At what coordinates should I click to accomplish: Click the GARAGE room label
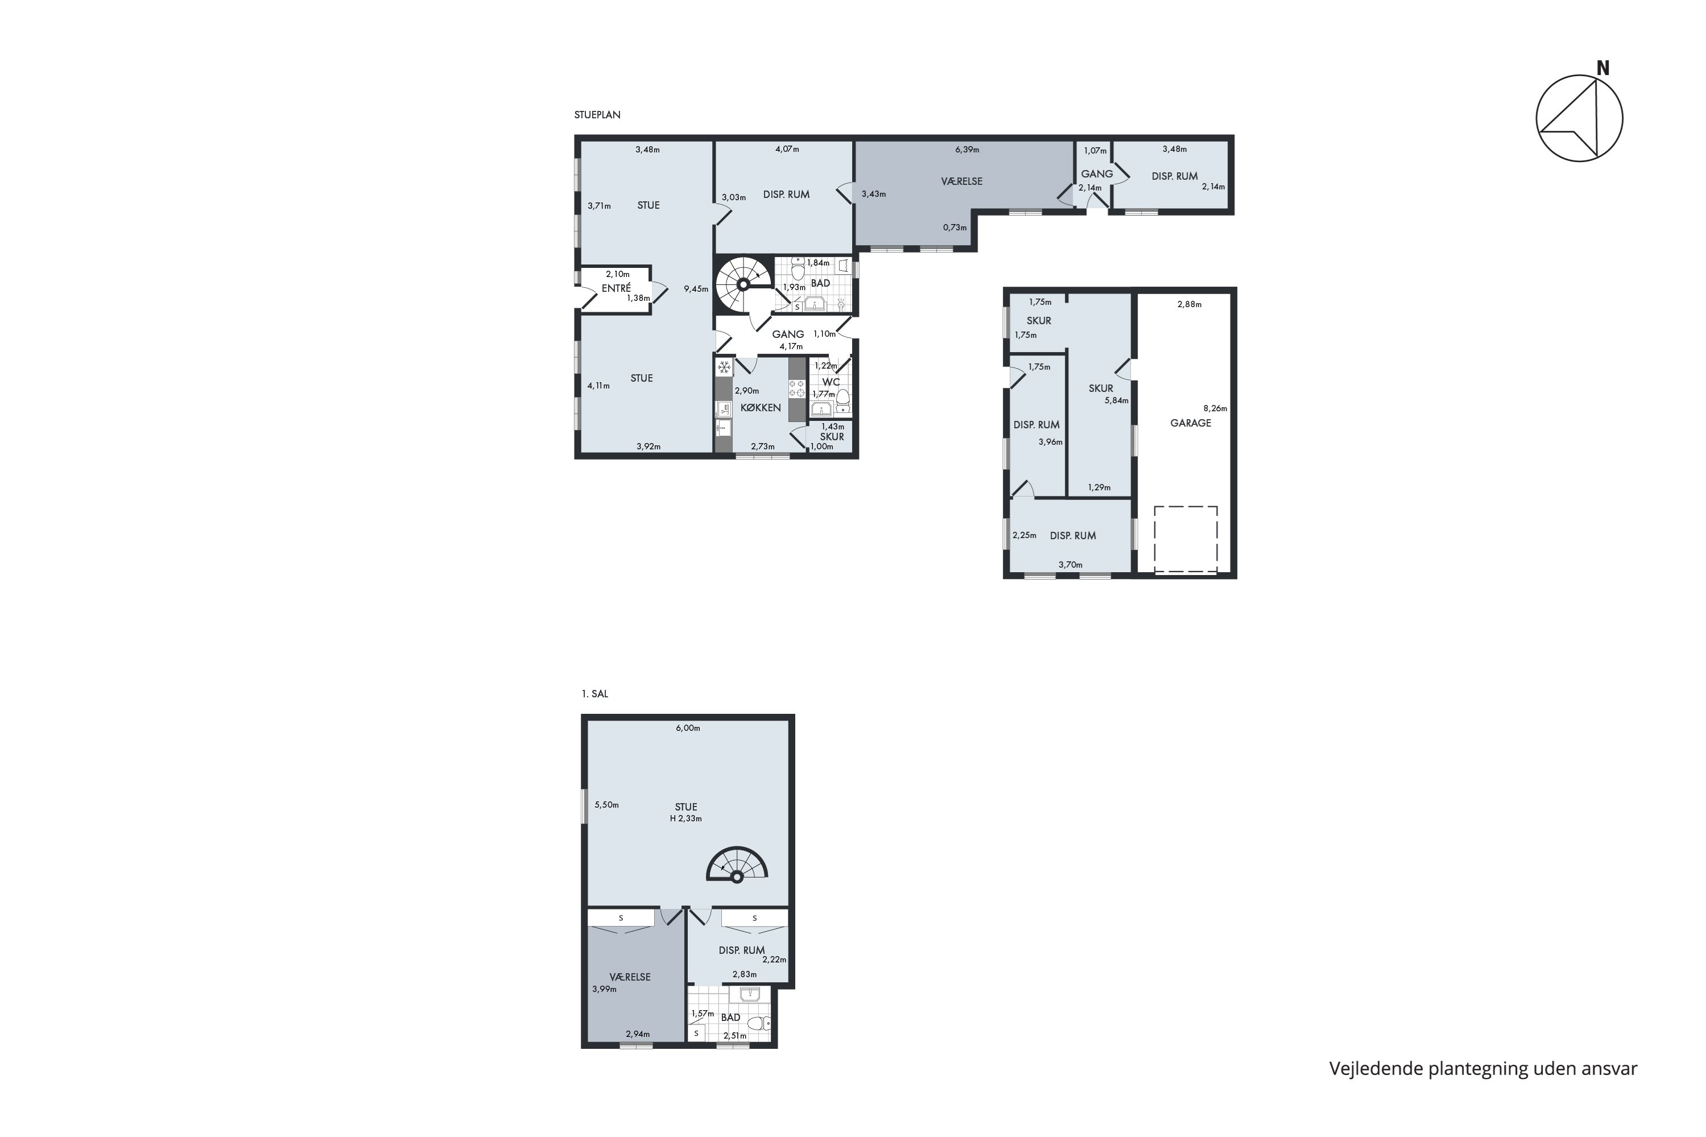click(1190, 423)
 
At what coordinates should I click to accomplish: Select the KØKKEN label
click(760, 407)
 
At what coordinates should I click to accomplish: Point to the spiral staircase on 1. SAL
click(737, 865)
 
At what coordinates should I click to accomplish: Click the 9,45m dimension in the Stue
click(695, 288)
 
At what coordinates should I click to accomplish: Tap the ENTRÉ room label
click(616, 288)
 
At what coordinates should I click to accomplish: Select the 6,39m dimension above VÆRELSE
click(966, 150)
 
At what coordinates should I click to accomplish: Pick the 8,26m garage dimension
click(1215, 408)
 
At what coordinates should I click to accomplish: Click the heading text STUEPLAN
click(597, 114)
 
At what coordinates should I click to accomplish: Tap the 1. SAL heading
click(594, 693)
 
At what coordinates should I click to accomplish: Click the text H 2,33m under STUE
click(685, 818)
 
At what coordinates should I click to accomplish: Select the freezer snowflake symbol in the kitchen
click(723, 367)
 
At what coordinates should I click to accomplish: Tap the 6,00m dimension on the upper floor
click(687, 728)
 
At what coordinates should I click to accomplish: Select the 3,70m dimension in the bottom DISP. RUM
click(1069, 564)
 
